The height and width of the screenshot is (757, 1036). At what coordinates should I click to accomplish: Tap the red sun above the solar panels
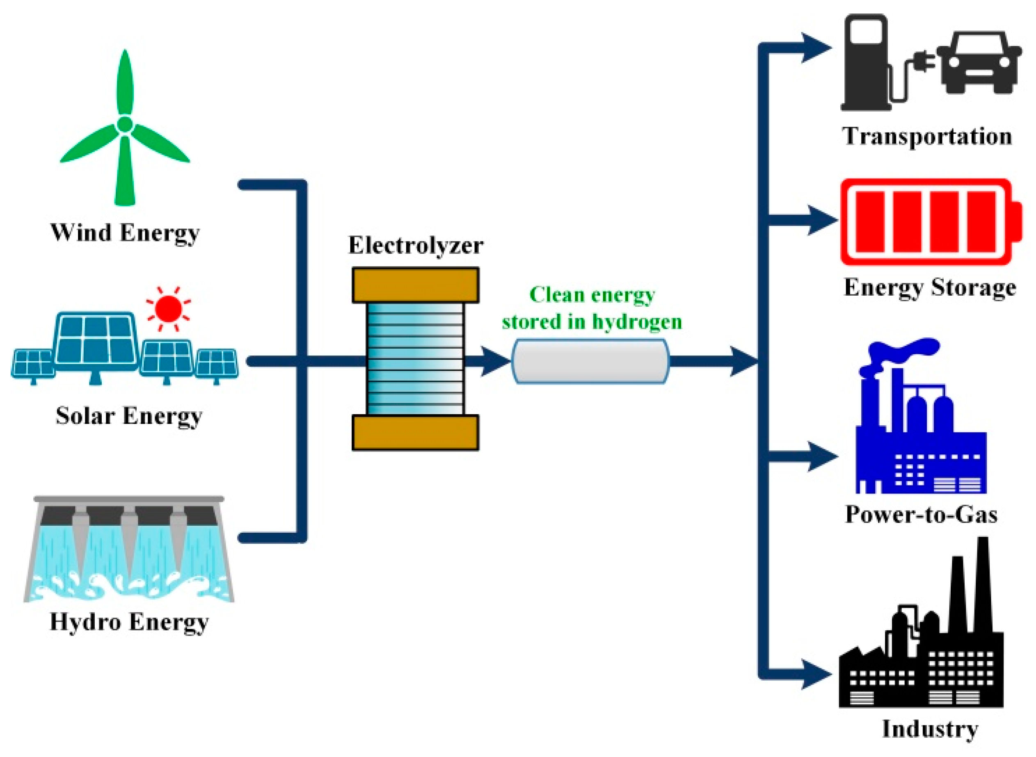pos(168,308)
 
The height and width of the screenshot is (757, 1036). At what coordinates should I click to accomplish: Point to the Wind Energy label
pos(125,233)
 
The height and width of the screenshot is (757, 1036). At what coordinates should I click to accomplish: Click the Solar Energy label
pos(129,416)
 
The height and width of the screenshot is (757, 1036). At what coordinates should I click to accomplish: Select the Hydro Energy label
pos(129,622)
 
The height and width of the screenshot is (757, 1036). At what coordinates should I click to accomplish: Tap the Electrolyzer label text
pos(416,245)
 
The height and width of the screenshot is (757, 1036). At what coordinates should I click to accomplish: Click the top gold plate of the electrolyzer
pos(416,285)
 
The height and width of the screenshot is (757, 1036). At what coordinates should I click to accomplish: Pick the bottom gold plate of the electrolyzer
pos(416,433)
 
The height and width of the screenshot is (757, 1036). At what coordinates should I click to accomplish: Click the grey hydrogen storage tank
pos(590,361)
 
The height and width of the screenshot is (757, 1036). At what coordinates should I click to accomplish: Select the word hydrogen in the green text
pos(637,321)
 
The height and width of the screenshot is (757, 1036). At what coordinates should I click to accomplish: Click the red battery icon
pos(931,222)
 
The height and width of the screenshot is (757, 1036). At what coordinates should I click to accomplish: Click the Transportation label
pos(927,137)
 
